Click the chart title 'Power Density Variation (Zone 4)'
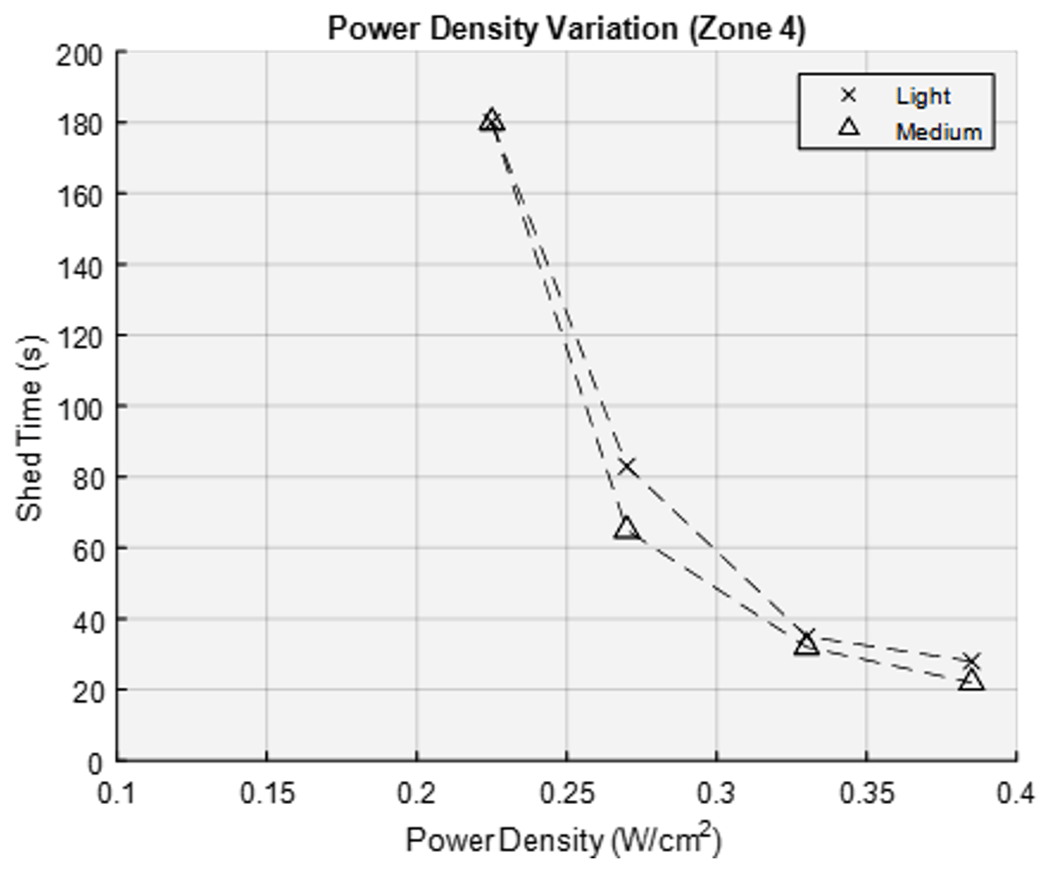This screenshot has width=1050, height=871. (x=567, y=30)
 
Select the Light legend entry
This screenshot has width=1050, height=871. (x=922, y=96)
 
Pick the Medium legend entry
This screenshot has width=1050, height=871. (x=938, y=132)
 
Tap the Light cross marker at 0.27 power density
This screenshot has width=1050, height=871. (x=626, y=467)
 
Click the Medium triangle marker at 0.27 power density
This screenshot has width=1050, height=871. (x=626, y=529)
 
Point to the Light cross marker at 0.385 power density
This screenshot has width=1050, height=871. (x=971, y=661)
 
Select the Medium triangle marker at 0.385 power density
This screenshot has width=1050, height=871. (x=971, y=681)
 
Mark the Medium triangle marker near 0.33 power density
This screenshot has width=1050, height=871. (x=807, y=644)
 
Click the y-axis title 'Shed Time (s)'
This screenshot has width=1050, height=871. (x=30, y=429)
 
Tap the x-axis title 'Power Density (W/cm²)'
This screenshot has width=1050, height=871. (x=563, y=839)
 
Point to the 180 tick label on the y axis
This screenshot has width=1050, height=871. (x=79, y=123)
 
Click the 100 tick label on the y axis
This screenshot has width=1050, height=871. (x=79, y=407)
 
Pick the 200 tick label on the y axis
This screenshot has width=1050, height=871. (x=79, y=55)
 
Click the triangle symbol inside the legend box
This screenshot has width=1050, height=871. (x=849, y=127)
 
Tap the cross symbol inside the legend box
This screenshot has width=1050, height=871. (x=849, y=95)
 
